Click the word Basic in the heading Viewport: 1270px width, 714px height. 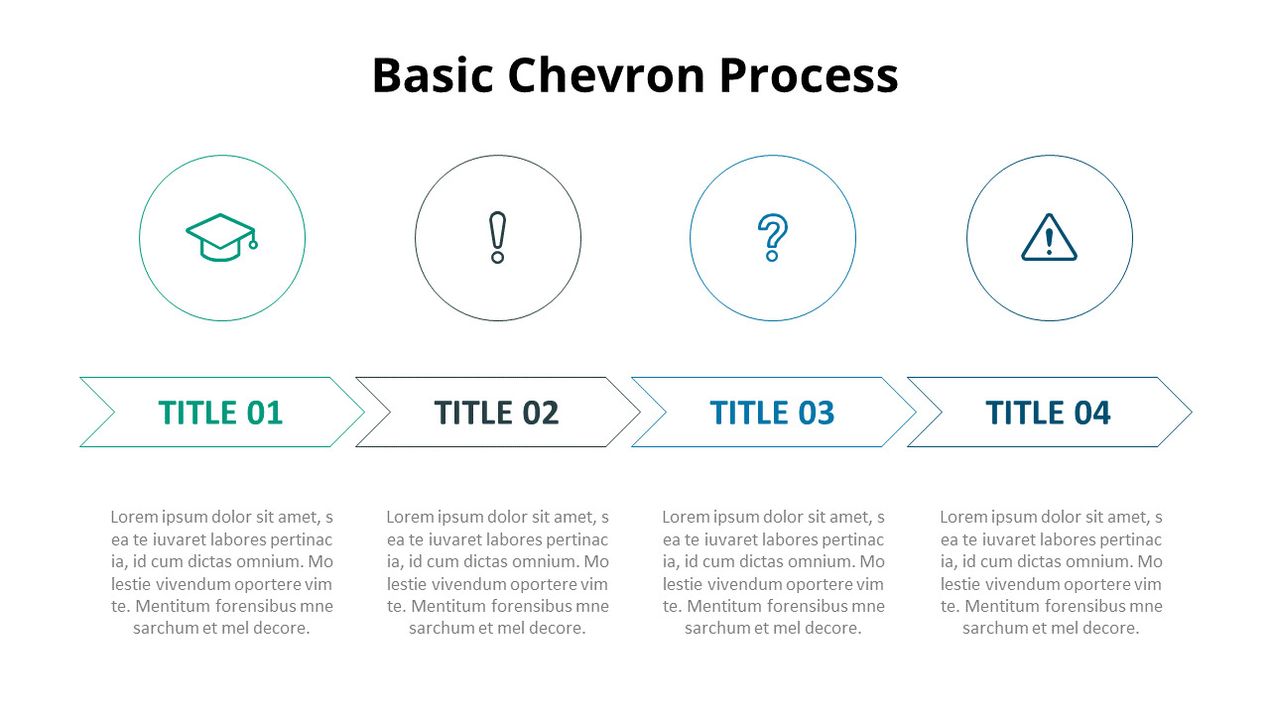432,75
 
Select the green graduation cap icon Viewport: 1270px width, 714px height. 221,238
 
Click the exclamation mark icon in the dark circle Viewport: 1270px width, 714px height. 498,238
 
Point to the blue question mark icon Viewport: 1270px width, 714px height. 772,238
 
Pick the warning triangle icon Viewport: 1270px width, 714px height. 1049,238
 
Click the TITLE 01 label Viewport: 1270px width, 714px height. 220,413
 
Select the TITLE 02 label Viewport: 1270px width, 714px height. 496,413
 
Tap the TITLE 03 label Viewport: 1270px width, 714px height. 772,413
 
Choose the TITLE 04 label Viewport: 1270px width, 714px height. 1048,413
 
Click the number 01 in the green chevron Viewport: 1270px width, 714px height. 265,413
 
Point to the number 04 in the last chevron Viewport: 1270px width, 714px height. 1092,413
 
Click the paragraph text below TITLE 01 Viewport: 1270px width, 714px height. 221,572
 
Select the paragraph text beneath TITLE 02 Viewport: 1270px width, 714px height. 497,572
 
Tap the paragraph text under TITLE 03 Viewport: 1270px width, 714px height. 773,572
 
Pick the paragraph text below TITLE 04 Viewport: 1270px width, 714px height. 1051,572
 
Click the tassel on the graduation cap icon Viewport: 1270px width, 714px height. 253,243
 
